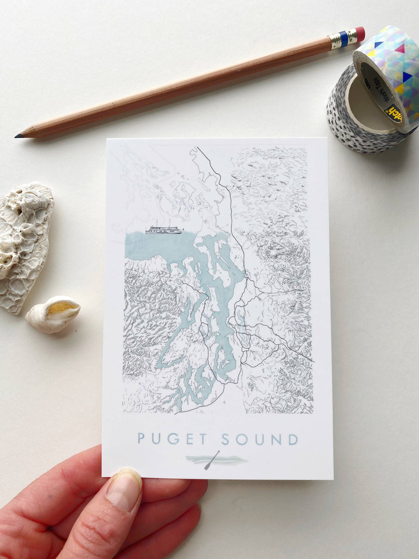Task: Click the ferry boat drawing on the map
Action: pyautogui.click(x=164, y=229)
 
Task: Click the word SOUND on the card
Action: pyautogui.click(x=259, y=439)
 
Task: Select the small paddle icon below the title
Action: pyautogui.click(x=211, y=460)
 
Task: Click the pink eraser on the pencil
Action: pyautogui.click(x=360, y=34)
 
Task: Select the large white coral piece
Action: pyautogui.click(x=25, y=245)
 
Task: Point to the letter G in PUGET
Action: pyautogui.click(x=173, y=439)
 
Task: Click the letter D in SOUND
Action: pyautogui.click(x=292, y=439)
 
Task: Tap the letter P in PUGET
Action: pyautogui.click(x=141, y=439)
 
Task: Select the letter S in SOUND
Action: pyautogui.click(x=225, y=439)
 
